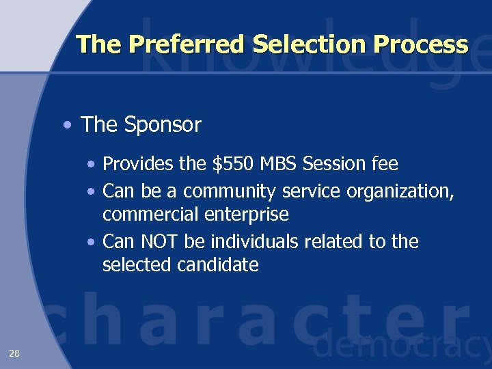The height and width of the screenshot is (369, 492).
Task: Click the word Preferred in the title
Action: click(187, 44)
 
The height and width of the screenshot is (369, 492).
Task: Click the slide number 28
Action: click(14, 353)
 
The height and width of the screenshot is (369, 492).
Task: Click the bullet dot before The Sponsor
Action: click(66, 126)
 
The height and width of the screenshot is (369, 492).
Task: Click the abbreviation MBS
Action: click(279, 164)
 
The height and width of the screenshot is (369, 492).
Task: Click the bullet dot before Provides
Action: click(92, 165)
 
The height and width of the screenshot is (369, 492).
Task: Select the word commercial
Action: click(151, 215)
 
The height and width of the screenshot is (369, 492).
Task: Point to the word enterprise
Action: click(247, 215)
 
